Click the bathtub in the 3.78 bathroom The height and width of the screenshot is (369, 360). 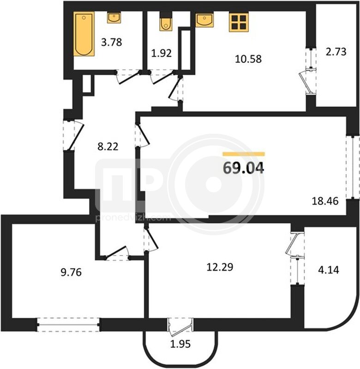(84, 34)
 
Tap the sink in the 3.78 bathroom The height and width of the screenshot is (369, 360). (114, 18)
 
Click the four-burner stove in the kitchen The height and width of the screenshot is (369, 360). (239, 22)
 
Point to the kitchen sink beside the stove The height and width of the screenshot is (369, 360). (204, 20)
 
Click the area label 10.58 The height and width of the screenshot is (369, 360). (248, 59)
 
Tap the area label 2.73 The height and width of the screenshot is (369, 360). (336, 52)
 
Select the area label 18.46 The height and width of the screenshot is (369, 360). (325, 201)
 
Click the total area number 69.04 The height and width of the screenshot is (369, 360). (243, 168)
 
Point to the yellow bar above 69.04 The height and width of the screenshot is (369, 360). (244, 154)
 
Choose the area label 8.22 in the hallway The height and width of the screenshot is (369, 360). (108, 147)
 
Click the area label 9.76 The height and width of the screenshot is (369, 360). (71, 272)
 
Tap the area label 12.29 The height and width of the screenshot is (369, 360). (220, 267)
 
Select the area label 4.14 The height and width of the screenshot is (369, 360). (329, 270)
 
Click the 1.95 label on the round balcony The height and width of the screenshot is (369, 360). (180, 344)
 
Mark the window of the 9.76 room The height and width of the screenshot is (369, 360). (68, 325)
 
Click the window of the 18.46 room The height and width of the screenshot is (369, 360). (353, 167)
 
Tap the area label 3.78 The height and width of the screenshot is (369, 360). (111, 42)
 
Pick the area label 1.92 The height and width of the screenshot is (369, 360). (161, 53)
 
